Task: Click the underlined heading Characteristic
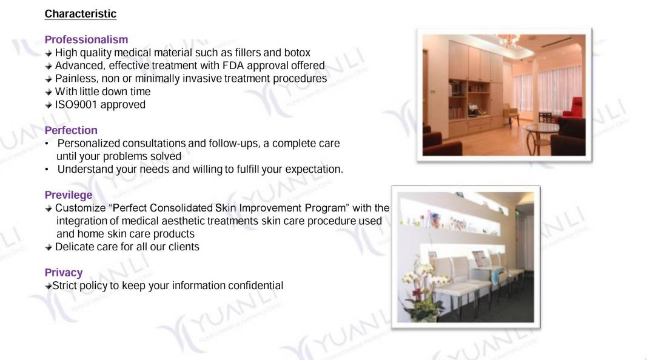(81, 13)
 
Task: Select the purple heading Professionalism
(86, 39)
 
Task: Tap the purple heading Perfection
(71, 130)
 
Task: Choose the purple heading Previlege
(69, 195)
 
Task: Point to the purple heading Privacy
(64, 273)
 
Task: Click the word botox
(297, 53)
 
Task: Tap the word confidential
(256, 286)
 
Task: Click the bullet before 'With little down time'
(49, 92)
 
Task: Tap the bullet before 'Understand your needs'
(47, 170)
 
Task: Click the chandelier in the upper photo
(508, 41)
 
